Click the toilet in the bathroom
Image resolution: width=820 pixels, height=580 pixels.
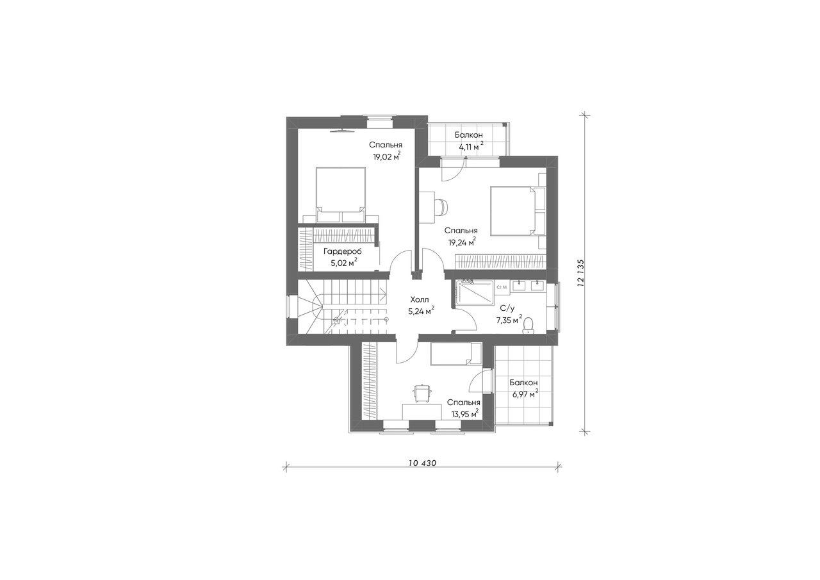coord(527,326)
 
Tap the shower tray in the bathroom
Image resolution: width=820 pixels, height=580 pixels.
coord(475,297)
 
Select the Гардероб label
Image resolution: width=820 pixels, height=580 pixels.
coord(342,251)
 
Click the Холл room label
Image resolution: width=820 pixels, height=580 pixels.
coord(419,300)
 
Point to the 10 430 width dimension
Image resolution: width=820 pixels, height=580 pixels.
coord(422,463)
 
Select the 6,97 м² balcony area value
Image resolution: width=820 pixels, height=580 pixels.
coord(524,394)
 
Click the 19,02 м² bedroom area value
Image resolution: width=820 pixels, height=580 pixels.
coord(386,156)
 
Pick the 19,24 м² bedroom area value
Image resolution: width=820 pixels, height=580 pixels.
coord(462,242)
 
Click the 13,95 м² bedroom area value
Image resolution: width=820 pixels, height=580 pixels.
coord(464,413)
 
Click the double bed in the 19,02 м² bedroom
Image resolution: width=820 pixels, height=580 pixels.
coord(341,194)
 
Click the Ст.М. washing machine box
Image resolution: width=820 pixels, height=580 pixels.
coord(502,288)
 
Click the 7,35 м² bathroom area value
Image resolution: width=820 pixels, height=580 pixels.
coord(509,320)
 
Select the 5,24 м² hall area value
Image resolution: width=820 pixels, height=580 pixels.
coord(422,311)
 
